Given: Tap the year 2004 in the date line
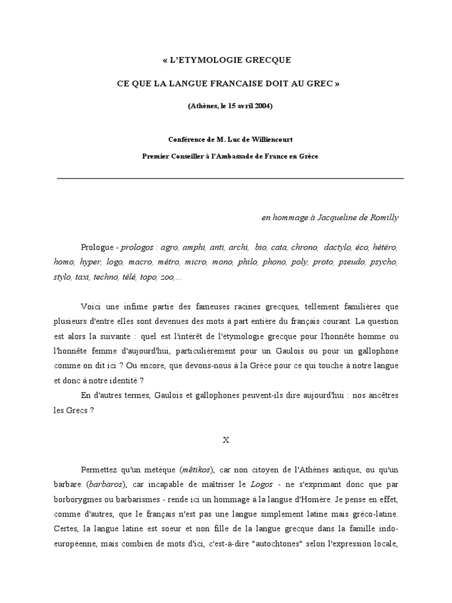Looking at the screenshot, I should point(261,106).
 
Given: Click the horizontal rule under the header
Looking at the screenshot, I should point(230,178).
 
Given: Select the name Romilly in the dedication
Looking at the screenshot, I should point(385,217).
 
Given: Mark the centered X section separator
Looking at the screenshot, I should point(225,440).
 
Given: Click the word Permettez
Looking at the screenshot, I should point(101,472).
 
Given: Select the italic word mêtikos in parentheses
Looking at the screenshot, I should point(215,472).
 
